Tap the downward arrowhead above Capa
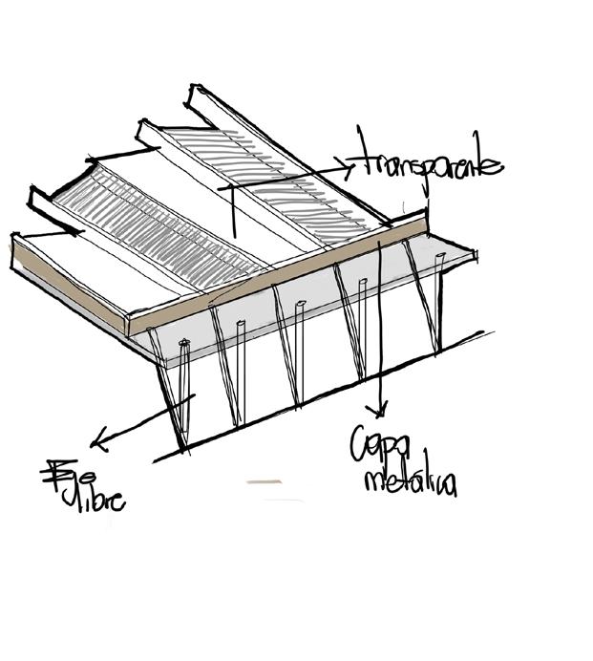[x=382, y=412]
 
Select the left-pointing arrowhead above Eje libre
[x=95, y=442]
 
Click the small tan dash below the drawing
[x=264, y=481]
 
